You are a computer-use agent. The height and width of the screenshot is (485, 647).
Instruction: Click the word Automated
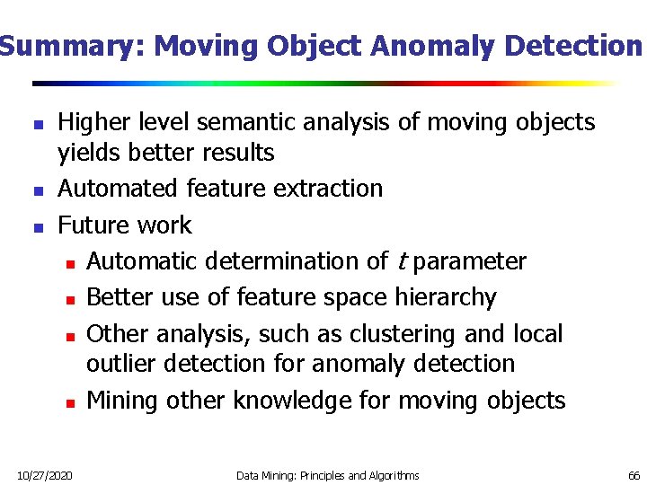point(119,189)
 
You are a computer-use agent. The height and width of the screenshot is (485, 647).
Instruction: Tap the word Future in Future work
point(93,225)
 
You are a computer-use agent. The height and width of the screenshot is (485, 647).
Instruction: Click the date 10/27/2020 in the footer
point(46,475)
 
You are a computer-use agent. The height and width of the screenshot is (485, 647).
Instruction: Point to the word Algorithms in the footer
point(393,475)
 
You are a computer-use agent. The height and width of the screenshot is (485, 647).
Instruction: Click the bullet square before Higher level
point(36,124)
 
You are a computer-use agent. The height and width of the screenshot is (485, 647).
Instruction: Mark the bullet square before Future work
point(36,226)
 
